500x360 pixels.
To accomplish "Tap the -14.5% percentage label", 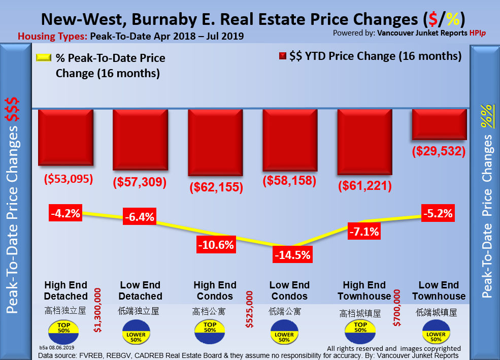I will click(x=292, y=255).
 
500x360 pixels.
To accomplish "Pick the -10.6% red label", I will click(x=216, y=245).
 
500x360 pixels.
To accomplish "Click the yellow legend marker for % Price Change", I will click(x=44, y=58).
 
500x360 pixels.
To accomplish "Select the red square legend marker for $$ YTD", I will click(x=283, y=56).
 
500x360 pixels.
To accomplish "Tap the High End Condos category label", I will click(x=215, y=290).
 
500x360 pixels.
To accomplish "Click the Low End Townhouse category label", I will click(x=439, y=290).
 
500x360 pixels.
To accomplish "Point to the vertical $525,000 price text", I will click(x=249, y=310).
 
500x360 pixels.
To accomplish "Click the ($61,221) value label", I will click(x=364, y=186).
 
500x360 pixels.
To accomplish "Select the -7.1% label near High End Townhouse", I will click(x=363, y=233).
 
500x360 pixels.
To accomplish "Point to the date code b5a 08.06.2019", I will click(x=57, y=347).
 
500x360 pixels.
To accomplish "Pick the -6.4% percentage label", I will click(x=139, y=218).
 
